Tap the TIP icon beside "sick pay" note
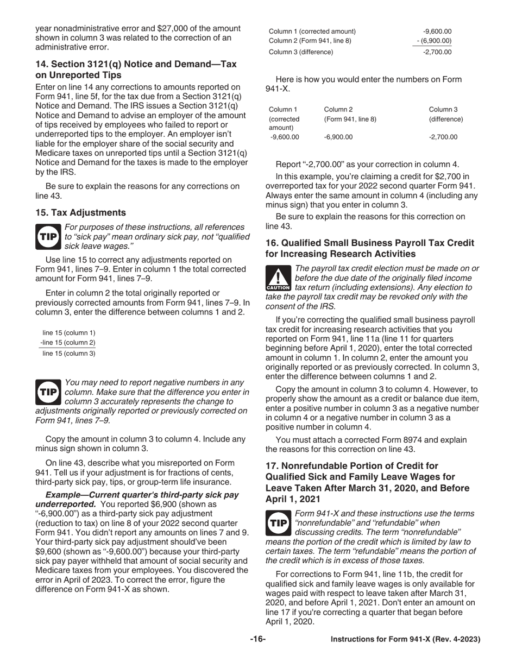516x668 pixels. pos(48,237)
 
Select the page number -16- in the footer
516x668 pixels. pos(257,639)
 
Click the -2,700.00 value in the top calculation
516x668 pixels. pos(437,52)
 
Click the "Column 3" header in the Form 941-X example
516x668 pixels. pos(443,110)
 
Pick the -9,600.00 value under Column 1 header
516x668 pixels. pos(284,137)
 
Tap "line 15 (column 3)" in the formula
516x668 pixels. pos(68,354)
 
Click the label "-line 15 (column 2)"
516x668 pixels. pos(67,343)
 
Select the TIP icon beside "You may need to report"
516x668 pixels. pos(48,392)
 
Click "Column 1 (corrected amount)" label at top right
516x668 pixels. pos(312,31)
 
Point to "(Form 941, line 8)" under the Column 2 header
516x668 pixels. pos(350,119)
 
